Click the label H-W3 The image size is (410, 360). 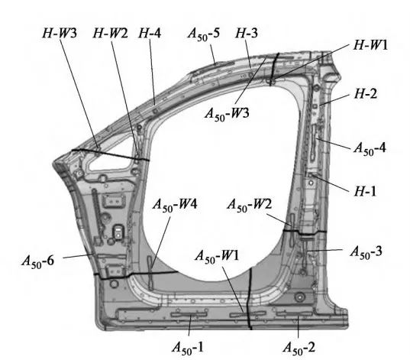(x=60, y=34)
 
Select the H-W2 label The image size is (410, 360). (x=111, y=34)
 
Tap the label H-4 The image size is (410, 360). (x=150, y=34)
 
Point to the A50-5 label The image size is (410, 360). (x=204, y=34)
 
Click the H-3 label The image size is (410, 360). (x=247, y=34)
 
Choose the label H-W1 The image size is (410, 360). (x=370, y=45)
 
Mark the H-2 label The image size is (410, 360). (x=366, y=93)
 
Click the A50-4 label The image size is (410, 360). (x=370, y=148)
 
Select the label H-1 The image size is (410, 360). (x=365, y=191)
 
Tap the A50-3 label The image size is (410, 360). (x=366, y=252)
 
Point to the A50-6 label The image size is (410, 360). (x=38, y=261)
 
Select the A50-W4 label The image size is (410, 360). (x=175, y=205)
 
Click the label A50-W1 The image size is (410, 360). (x=217, y=256)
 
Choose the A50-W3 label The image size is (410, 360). (x=227, y=114)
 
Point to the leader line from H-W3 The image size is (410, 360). (x=79, y=94)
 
